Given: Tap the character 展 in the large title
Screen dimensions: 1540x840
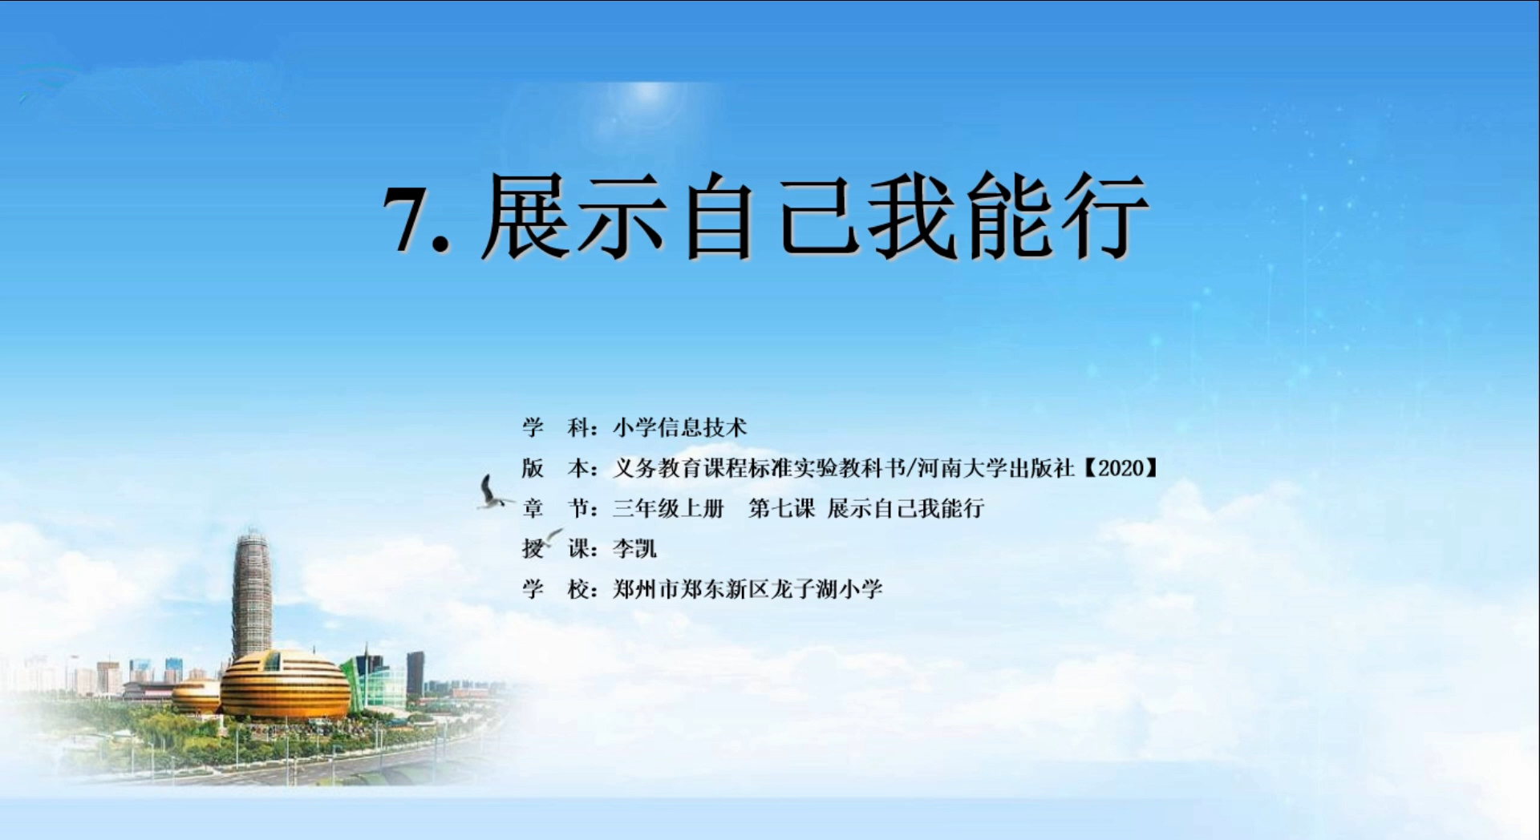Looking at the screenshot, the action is click(529, 216).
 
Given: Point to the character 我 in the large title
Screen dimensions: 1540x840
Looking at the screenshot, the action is click(914, 216).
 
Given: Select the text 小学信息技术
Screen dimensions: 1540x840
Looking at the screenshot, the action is click(679, 428).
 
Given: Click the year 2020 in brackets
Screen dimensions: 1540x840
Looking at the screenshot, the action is click(1121, 468).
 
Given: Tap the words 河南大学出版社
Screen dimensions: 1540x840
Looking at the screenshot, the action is click(995, 468).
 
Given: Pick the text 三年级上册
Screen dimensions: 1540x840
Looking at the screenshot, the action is click(668, 508).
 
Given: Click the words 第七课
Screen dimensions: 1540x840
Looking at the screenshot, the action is click(781, 508).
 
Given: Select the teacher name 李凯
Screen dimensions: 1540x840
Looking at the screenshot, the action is click(634, 549).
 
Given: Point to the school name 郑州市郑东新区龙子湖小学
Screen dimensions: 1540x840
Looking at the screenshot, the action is click(748, 590).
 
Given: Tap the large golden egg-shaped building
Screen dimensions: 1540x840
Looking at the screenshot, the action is click(285, 685).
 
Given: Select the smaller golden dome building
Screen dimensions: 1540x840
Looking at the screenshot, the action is click(196, 696).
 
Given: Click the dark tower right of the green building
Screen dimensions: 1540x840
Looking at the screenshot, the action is click(415, 674).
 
